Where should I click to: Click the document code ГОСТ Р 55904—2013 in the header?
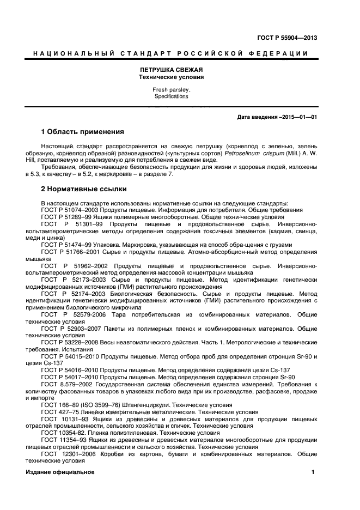(x=287, y=38)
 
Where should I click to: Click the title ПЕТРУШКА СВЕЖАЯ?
(x=171, y=70)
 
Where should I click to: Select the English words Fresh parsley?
(x=171, y=89)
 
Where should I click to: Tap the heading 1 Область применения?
(x=83, y=132)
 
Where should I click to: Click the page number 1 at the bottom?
(x=313, y=472)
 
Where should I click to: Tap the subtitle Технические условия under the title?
(x=171, y=77)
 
